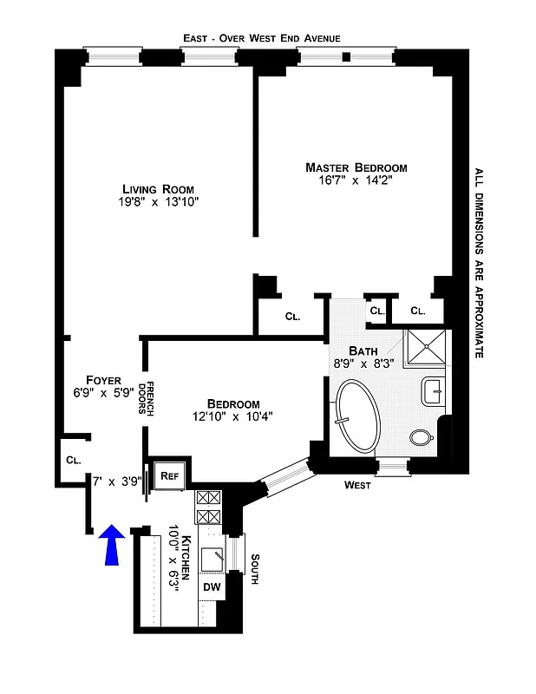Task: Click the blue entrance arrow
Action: coord(113,545)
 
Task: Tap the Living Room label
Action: coord(158,189)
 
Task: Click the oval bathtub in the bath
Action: coord(357,416)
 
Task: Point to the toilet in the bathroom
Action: coord(424,436)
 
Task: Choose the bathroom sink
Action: coord(432,391)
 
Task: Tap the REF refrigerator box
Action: coord(168,475)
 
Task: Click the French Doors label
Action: coord(149,399)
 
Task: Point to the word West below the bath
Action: coord(357,485)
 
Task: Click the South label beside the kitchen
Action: coord(254,569)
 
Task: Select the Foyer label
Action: coord(103,380)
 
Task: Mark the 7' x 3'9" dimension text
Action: coord(117,480)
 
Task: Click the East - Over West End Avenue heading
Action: coord(261,38)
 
